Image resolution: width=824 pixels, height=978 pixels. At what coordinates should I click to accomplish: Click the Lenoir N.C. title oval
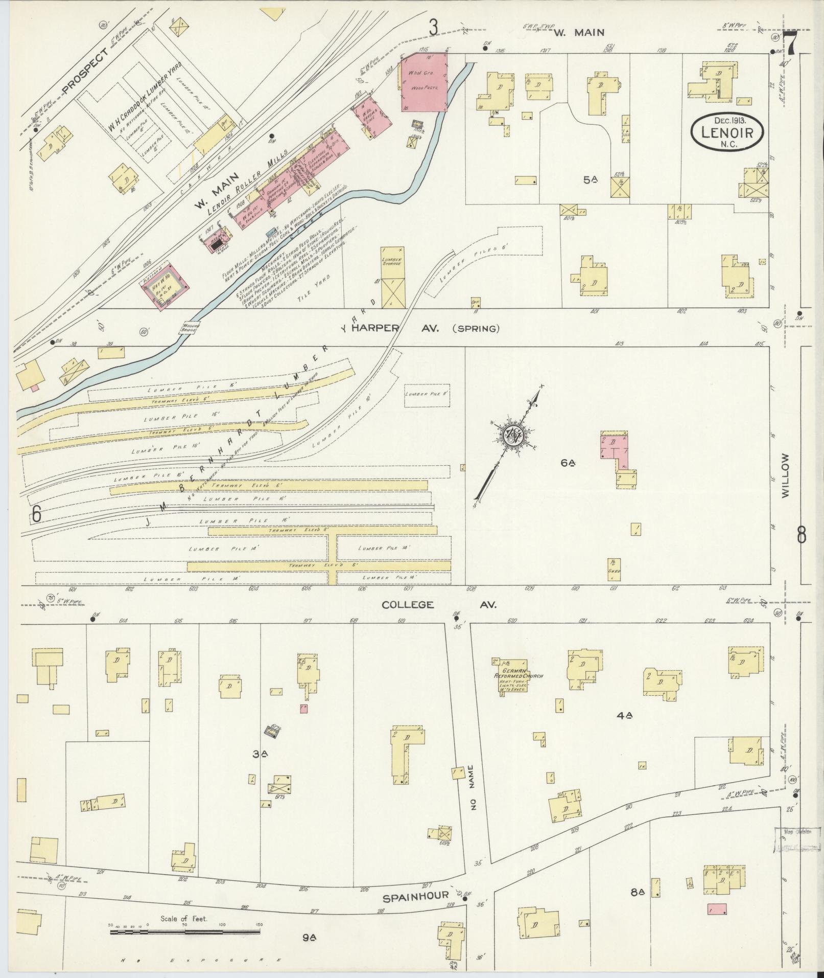coord(727,132)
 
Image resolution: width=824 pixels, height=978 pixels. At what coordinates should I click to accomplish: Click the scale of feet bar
coord(184,932)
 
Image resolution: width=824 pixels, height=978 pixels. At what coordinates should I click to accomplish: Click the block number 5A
coord(591,179)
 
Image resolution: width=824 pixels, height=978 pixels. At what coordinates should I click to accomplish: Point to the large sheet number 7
coord(791,43)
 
